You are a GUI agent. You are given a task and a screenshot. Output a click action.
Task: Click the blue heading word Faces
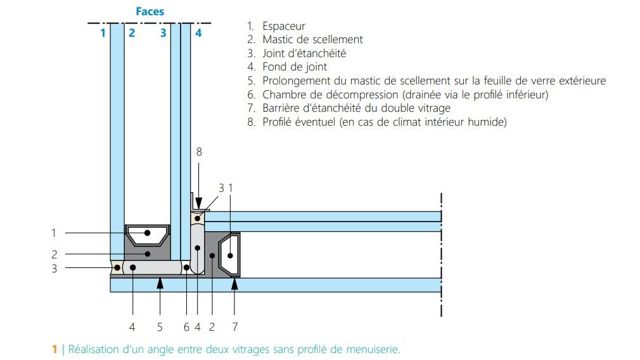pyautogui.click(x=150, y=11)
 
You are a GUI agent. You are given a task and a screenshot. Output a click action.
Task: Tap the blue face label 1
pyautogui.click(x=103, y=33)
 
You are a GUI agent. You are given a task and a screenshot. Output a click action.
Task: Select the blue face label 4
pyautogui.click(x=198, y=33)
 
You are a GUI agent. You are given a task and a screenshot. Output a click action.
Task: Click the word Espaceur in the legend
pyautogui.click(x=284, y=26)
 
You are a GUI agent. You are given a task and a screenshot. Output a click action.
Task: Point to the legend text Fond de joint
pyautogui.click(x=295, y=67)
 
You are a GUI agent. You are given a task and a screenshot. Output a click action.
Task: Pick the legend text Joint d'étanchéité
pyautogui.click(x=304, y=53)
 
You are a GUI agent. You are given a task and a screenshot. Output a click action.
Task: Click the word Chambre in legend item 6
pyautogui.click(x=282, y=94)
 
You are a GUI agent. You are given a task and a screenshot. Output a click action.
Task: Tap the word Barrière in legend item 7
pyautogui.click(x=281, y=108)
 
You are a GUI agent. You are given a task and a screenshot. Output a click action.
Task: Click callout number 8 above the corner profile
pyautogui.click(x=199, y=152)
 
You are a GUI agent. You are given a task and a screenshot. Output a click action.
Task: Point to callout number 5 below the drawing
pyautogui.click(x=160, y=327)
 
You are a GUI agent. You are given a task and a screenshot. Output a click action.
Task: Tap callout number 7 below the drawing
pyautogui.click(x=235, y=327)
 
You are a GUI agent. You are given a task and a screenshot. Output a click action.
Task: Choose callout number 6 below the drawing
pyautogui.click(x=187, y=327)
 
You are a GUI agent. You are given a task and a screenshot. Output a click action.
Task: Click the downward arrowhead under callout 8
pyautogui.click(x=199, y=203)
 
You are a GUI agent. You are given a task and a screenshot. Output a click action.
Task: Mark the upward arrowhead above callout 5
pyautogui.click(x=160, y=283)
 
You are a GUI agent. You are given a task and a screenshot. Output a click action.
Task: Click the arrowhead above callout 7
pyautogui.click(x=235, y=283)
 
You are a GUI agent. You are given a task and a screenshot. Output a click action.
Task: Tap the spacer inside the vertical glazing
pyautogui.click(x=147, y=233)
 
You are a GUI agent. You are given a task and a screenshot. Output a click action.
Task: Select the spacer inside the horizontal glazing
pyautogui.click(x=229, y=255)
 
